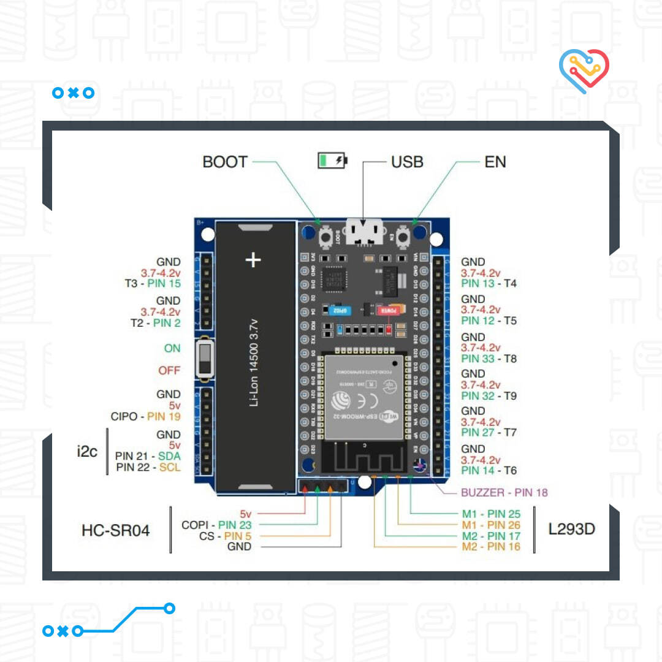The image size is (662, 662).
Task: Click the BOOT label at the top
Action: click(x=225, y=162)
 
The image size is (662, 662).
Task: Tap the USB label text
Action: click(x=407, y=162)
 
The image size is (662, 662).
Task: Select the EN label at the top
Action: click(x=495, y=162)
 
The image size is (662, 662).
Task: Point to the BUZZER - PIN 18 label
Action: click(x=504, y=492)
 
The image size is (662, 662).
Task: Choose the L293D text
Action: click(x=571, y=529)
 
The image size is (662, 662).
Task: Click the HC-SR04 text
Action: click(x=115, y=530)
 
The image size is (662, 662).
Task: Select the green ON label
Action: click(x=172, y=348)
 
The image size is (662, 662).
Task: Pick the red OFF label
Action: click(x=170, y=370)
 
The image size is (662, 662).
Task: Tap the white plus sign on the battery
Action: click(x=253, y=260)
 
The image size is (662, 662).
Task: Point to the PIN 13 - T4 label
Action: click(x=489, y=283)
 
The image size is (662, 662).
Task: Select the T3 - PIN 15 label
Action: click(x=152, y=284)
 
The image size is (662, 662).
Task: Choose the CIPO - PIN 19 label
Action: click(x=145, y=416)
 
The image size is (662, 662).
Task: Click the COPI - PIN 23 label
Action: click(x=216, y=525)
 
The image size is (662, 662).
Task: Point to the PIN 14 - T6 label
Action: click(x=489, y=470)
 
